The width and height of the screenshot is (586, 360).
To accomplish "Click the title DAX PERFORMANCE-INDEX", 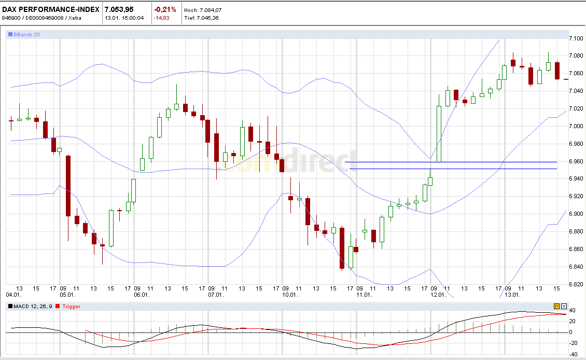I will click(51, 9).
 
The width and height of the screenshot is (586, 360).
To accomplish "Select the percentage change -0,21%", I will click(165, 9).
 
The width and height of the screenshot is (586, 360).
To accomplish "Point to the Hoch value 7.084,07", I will click(208, 10).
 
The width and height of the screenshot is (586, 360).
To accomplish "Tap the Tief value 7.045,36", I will click(208, 18).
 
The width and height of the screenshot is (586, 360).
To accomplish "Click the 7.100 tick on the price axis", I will click(576, 39).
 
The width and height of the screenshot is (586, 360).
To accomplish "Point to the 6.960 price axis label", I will click(576, 161).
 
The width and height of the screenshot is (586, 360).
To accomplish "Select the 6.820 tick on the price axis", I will click(576, 284).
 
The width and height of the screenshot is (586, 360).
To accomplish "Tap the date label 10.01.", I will click(289, 295).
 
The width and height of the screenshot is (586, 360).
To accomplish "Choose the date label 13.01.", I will click(512, 295).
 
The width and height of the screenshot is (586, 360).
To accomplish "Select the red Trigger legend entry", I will click(71, 307).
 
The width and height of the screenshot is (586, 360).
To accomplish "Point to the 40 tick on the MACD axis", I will click(573, 310).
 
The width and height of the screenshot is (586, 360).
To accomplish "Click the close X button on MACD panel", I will click(564, 306).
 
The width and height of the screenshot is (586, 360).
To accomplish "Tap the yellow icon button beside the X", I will click(557, 306).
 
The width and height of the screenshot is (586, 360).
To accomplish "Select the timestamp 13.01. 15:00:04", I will click(124, 18).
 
